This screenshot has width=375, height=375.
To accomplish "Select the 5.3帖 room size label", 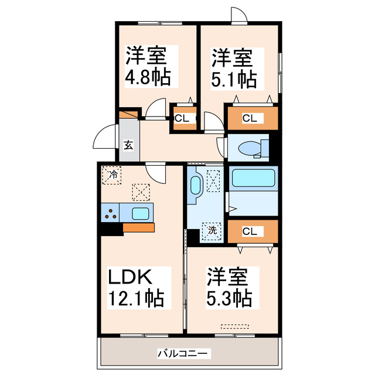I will pyautogui.click(x=230, y=299).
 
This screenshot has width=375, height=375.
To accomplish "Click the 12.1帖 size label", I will pyautogui.click(x=135, y=299).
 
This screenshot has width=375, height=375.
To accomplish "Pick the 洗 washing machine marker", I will pyautogui.click(x=213, y=230).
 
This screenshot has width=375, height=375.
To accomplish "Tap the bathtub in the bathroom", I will pyautogui.click(x=253, y=178).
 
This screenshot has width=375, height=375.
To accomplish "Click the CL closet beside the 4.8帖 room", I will pyautogui.click(x=182, y=118).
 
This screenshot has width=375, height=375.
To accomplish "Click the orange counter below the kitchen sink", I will pyautogui.click(x=139, y=228).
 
